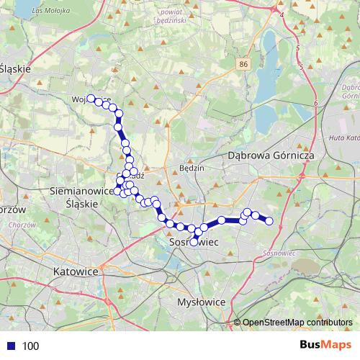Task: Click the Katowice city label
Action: coord(75,271)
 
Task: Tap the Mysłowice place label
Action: coord(202,302)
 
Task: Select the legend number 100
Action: coord(30,346)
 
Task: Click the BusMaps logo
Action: coord(325,346)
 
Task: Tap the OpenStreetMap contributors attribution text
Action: coord(297,323)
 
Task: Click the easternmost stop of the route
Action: coord(270,221)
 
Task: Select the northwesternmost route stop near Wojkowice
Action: coord(91,99)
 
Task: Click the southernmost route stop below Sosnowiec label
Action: coord(194,242)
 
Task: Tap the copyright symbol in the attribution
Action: coord(237,323)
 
